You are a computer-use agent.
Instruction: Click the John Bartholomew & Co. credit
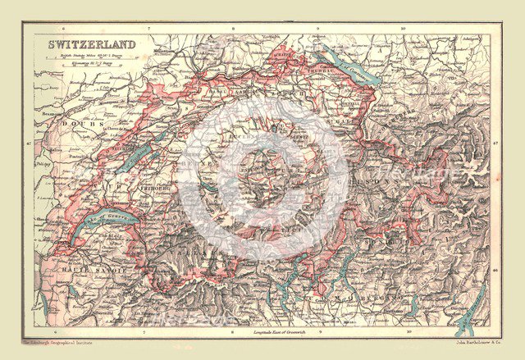[464, 339]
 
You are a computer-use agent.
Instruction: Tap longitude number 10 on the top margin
[403, 29]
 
